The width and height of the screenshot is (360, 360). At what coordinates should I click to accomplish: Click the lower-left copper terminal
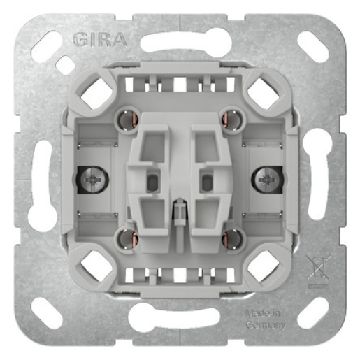point(129,239)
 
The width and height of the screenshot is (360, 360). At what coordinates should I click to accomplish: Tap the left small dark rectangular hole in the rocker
point(152,182)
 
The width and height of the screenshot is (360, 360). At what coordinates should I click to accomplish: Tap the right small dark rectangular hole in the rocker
point(207,182)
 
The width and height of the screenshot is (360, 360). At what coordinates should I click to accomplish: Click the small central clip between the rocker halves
point(180,210)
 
